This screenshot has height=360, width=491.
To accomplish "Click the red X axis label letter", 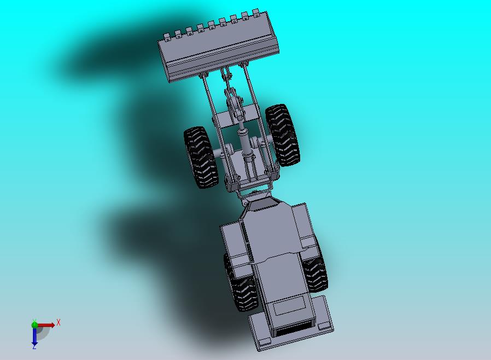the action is [59, 322].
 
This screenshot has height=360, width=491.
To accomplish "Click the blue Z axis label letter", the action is [34, 346].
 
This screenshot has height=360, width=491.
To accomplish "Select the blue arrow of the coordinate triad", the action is [34, 336].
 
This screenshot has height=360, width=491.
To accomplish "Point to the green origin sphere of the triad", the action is [34, 324].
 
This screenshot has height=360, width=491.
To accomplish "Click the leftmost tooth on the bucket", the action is [167, 37].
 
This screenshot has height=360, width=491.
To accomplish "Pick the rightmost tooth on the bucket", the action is [256, 13].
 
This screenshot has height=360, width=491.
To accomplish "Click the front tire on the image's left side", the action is [201, 157].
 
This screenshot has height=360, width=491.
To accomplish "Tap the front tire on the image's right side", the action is [283, 135].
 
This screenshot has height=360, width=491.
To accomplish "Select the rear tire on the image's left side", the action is [242, 283].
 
